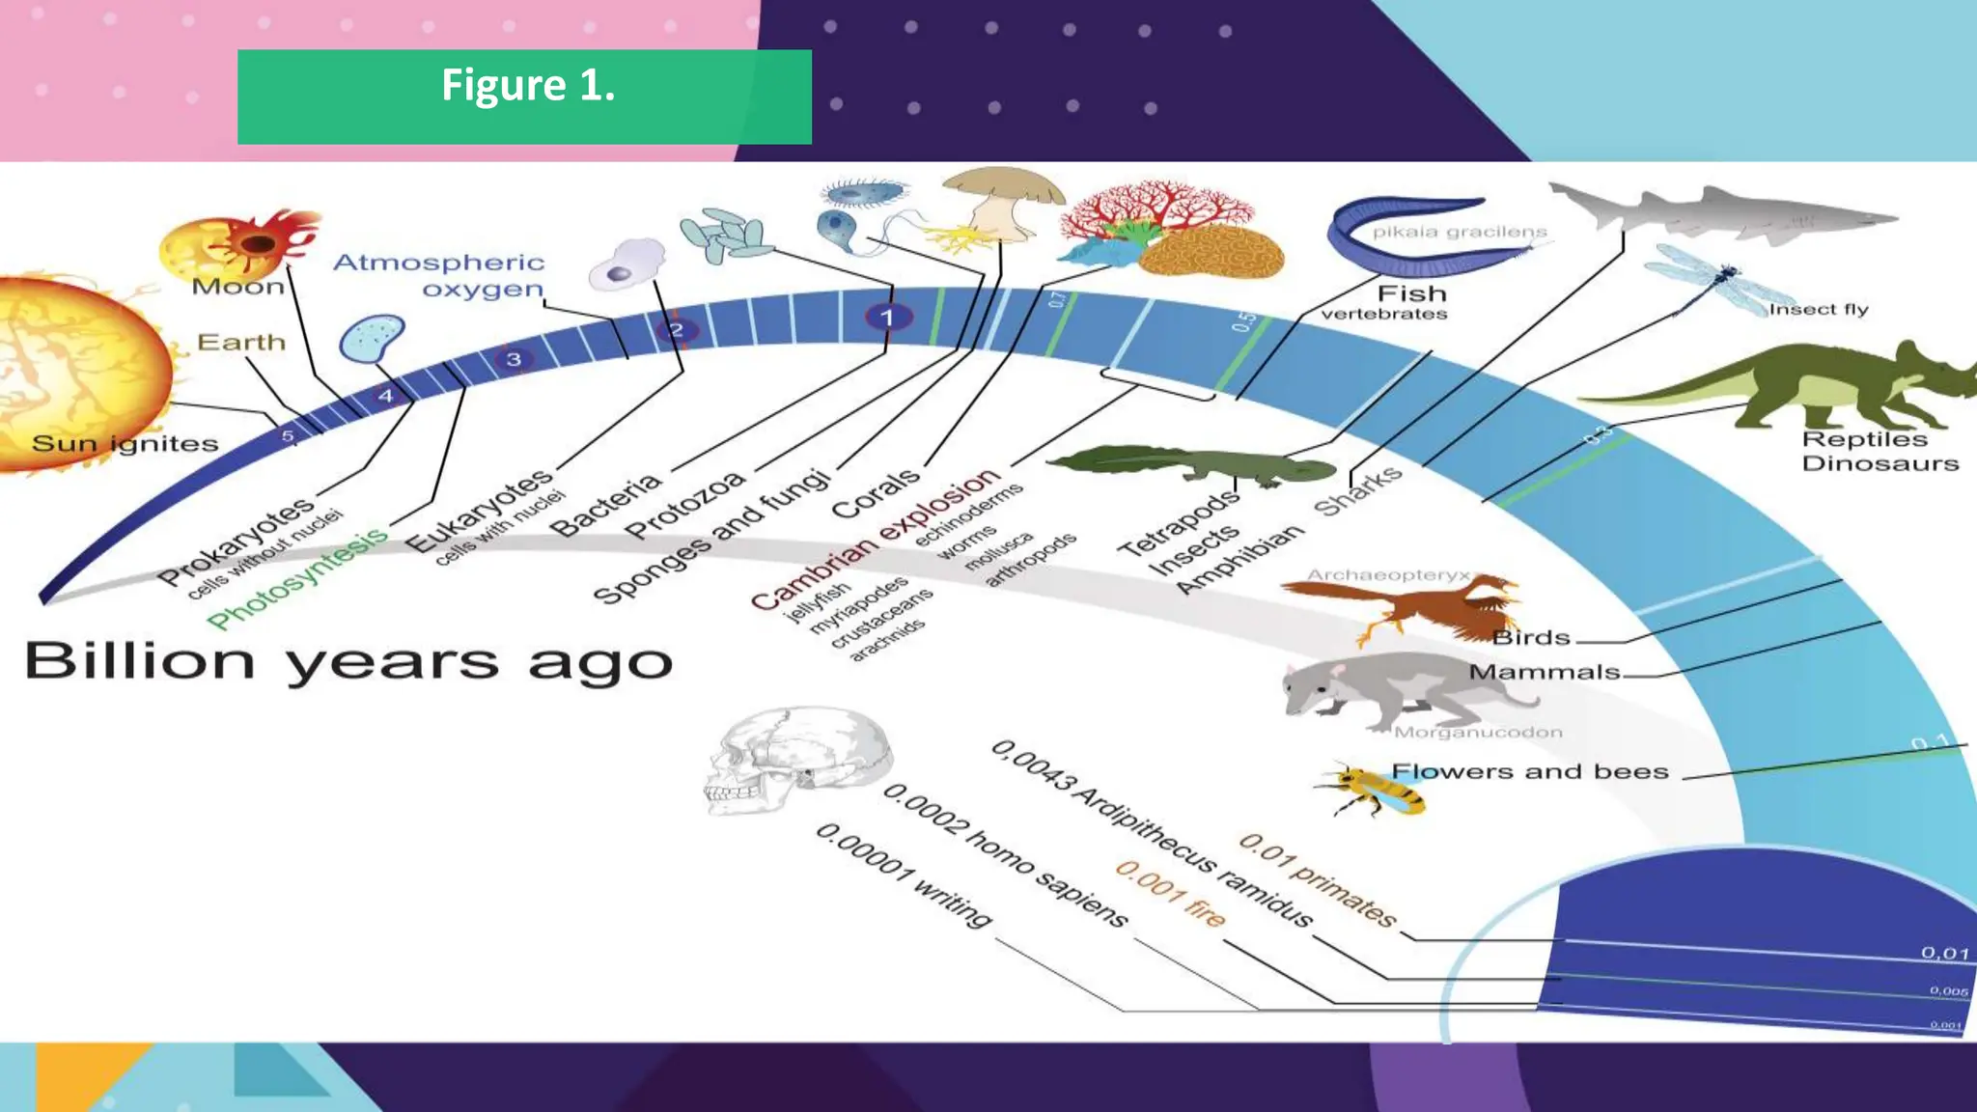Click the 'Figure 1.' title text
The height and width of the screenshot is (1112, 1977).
(x=527, y=86)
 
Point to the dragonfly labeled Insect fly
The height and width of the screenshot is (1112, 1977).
(x=1713, y=280)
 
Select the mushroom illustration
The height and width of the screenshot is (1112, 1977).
(x=1004, y=198)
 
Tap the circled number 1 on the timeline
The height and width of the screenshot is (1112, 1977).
(x=887, y=317)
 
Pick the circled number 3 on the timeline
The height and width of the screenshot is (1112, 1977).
(x=514, y=360)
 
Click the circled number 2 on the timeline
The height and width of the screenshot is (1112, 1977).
(x=677, y=330)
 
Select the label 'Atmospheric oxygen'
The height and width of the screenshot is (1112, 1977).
(x=439, y=275)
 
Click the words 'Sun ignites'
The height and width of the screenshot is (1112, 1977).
(x=125, y=444)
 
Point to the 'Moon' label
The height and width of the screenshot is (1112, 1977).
(x=237, y=287)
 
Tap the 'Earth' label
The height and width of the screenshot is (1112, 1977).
(x=241, y=343)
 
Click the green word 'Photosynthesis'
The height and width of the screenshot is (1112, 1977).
(x=297, y=579)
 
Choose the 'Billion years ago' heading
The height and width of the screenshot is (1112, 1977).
(x=348, y=662)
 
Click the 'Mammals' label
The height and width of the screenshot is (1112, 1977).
(x=1544, y=672)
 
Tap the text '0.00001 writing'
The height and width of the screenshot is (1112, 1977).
(x=904, y=875)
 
